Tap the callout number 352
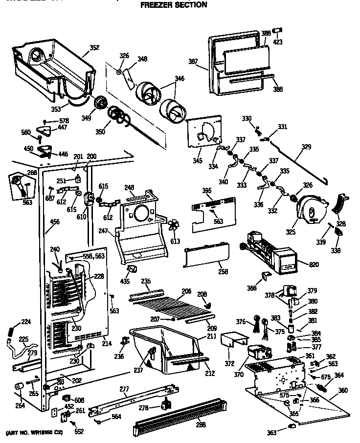coord(94,48)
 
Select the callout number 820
coord(314,265)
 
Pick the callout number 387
coord(194,61)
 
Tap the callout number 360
coord(342,390)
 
